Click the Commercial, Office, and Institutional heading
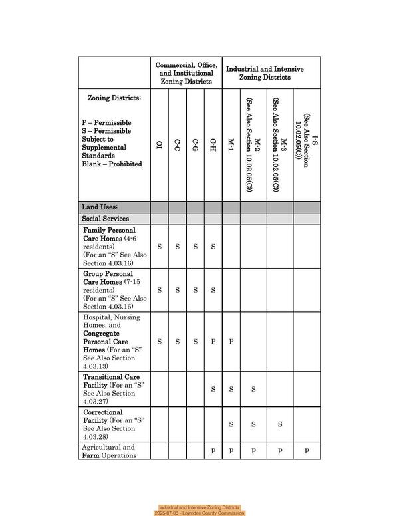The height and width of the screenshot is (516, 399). (186, 73)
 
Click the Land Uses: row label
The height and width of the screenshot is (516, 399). (100, 207)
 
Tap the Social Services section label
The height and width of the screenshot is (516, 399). (105, 219)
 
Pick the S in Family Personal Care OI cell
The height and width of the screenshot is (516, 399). (159, 247)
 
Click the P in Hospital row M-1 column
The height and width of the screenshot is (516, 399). (231, 342)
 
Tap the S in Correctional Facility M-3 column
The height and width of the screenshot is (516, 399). (280, 424)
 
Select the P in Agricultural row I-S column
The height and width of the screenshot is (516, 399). (307, 451)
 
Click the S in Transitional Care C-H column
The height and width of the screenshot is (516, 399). (213, 389)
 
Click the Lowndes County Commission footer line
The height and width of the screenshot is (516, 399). (199, 513)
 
